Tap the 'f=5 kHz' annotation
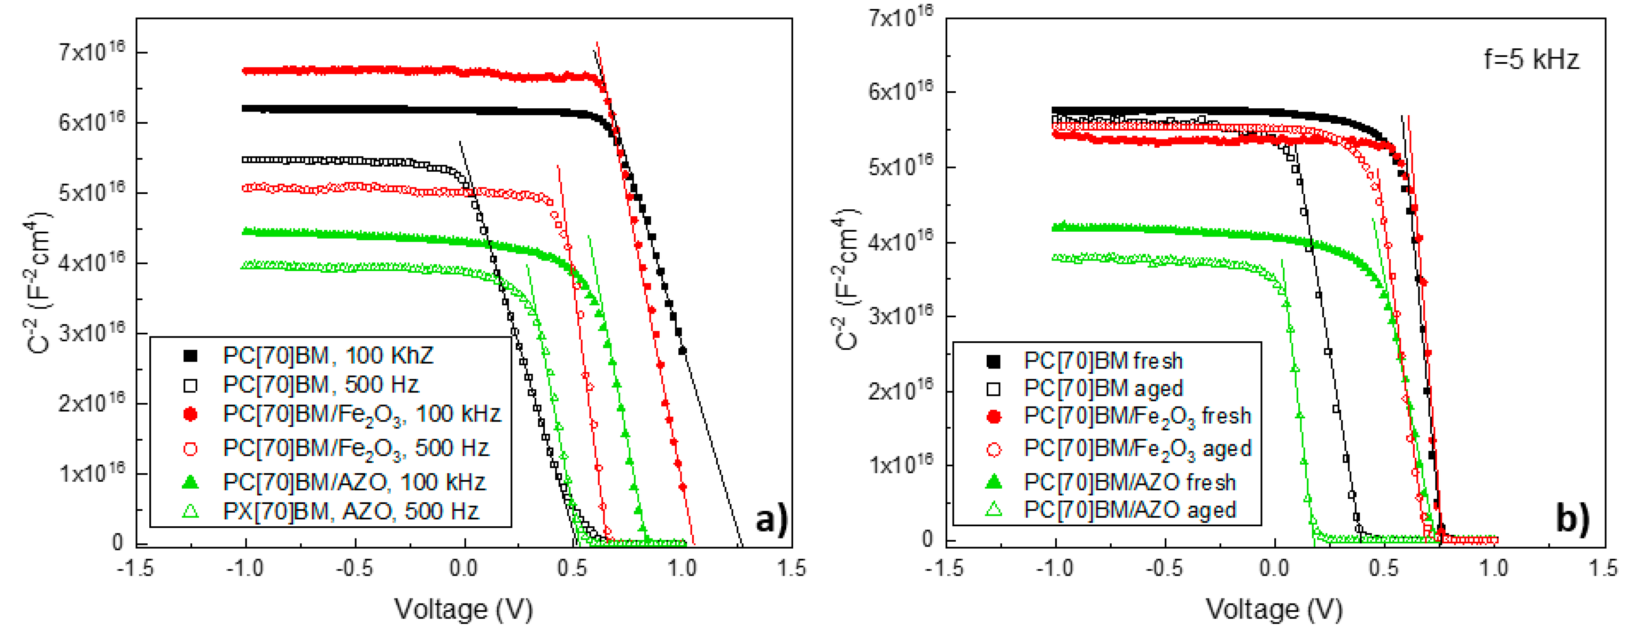(x=1530, y=60)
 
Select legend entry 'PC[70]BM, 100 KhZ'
(x=327, y=355)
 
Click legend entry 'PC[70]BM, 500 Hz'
(x=321, y=385)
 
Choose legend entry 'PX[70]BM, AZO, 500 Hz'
(x=351, y=511)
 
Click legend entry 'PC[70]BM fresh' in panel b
(x=1103, y=361)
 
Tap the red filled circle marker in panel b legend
(x=994, y=416)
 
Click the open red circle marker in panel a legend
(x=190, y=449)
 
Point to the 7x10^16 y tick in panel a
(x=92, y=51)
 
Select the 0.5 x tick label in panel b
(x=1383, y=568)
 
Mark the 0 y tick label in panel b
(x=927, y=540)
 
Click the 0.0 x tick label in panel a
(x=464, y=568)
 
